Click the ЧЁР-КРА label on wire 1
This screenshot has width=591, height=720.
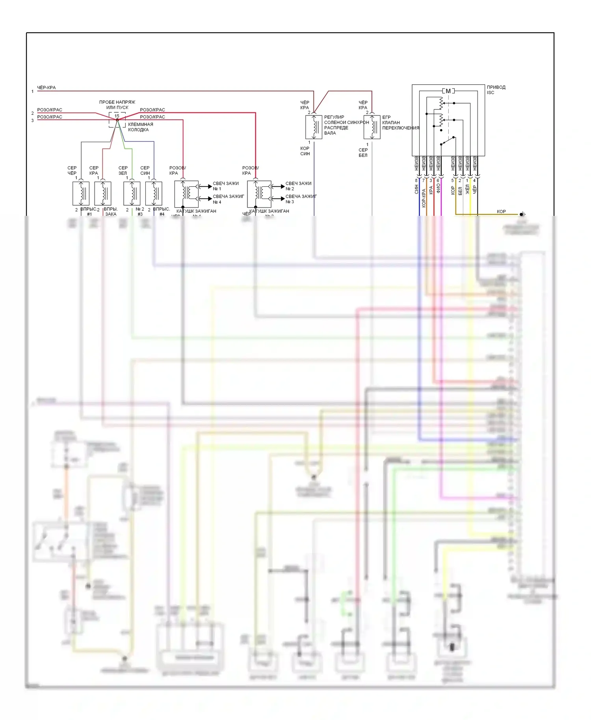(46, 87)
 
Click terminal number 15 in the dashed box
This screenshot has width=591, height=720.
(117, 116)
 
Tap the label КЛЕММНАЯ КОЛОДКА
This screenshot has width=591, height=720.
(140, 127)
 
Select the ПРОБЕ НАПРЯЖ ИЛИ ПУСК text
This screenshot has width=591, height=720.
(117, 105)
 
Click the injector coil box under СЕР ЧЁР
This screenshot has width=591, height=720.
(81, 193)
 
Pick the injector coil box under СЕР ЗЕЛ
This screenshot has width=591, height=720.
(132, 193)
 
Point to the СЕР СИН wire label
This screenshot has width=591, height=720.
(145, 171)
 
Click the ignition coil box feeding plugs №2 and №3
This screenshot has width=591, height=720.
(259, 194)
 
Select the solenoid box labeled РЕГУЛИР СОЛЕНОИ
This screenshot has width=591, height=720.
(314, 127)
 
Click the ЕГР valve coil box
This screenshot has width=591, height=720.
(372, 127)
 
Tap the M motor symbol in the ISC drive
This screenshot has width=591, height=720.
(448, 91)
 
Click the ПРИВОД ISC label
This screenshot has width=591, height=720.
(496, 90)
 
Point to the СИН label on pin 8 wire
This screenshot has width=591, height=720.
(416, 189)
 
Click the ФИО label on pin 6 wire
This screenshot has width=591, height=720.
(438, 189)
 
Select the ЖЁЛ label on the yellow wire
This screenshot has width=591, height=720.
(467, 189)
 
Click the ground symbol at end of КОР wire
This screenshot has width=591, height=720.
(522, 214)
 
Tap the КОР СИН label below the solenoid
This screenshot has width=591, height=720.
(305, 151)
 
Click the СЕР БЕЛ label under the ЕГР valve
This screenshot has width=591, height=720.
(363, 152)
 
